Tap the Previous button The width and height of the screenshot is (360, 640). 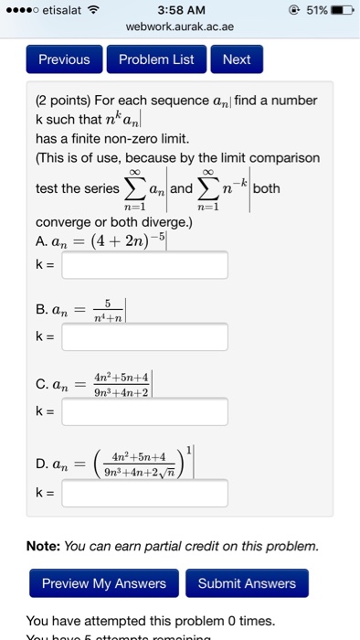pos(64,59)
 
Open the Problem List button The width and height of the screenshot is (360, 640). pos(156,59)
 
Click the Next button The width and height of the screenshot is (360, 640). pos(236,59)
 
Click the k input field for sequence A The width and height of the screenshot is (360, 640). pos(144,265)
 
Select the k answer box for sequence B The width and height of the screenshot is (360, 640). pos(144,337)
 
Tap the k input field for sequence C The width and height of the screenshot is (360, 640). pos(144,412)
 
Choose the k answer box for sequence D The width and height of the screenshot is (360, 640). pos(144,494)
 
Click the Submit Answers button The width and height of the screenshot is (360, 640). pos(247,583)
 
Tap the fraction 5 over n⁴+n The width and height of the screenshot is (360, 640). pos(106,312)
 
